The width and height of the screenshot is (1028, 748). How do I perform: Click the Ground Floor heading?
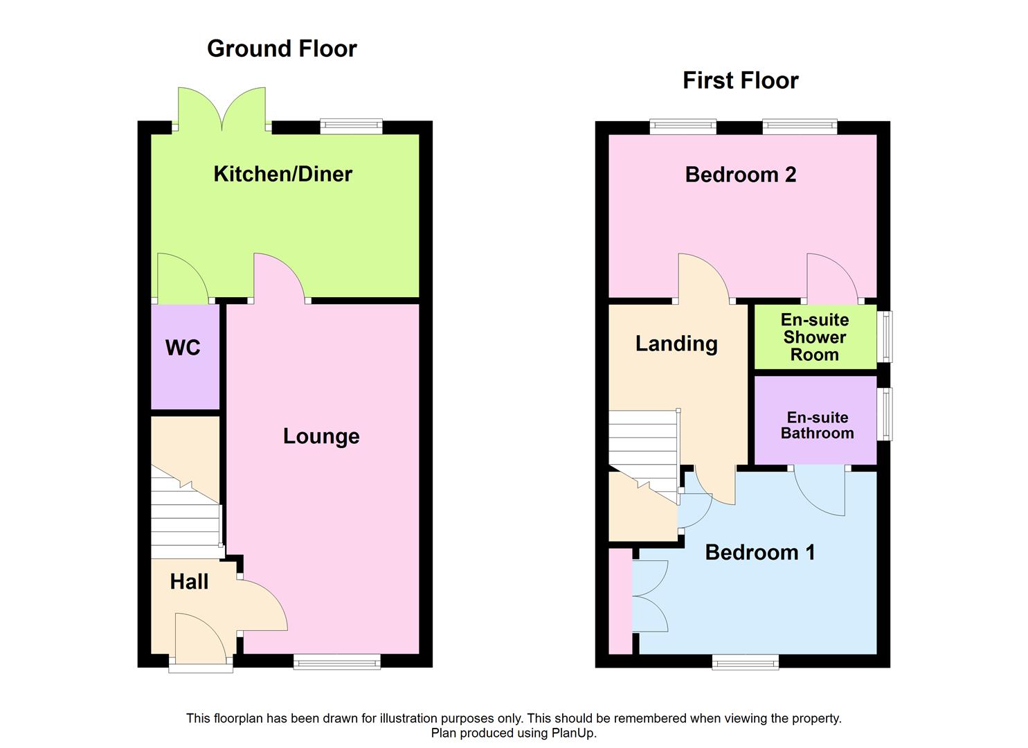coord(282,48)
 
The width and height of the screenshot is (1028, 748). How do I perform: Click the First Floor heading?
coord(740,80)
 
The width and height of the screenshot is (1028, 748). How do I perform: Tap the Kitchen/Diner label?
coord(282,174)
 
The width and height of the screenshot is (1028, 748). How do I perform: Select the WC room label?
coord(183,347)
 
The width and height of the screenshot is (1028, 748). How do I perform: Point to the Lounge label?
coord(321,436)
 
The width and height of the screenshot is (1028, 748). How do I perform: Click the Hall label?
coord(189,582)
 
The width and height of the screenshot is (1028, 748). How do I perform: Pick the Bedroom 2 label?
coord(740,175)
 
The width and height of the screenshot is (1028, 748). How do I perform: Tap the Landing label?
coord(676,344)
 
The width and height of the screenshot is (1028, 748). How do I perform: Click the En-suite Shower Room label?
coord(815,337)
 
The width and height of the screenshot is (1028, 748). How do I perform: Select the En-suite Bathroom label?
coord(817,425)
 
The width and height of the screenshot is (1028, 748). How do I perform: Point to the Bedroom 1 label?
coord(759,553)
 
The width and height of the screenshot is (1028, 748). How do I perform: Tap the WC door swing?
coord(181,280)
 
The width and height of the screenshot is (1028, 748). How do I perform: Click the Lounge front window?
coord(337,661)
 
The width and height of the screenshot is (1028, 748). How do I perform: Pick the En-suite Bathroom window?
coord(885,414)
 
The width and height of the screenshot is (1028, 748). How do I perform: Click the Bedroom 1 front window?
coord(746,661)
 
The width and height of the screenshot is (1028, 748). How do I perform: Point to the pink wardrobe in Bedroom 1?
coord(620,601)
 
